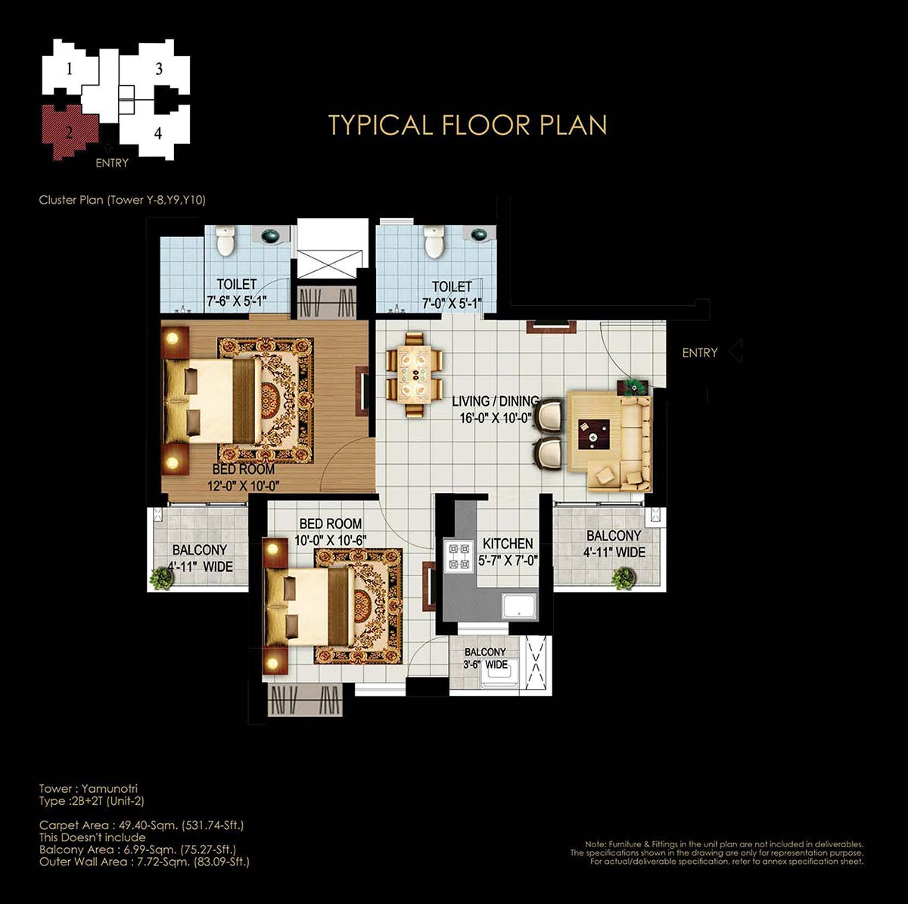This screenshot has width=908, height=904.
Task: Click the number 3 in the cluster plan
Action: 159,69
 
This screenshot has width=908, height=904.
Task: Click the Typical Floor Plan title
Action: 468,125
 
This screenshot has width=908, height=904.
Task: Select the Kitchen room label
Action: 508,544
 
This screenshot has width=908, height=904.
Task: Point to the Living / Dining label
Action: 496,401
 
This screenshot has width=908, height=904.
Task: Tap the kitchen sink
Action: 519,606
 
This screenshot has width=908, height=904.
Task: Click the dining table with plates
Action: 414,375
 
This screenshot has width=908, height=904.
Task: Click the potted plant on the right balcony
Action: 623,578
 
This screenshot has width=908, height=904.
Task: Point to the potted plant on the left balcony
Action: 160,578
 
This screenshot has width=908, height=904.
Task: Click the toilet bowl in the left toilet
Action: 225,240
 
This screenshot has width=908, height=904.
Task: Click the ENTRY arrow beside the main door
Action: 735,351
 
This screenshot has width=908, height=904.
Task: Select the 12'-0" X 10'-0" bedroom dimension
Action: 244,485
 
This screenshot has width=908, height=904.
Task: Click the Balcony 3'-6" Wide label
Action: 485,658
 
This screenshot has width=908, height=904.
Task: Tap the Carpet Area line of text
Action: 141,825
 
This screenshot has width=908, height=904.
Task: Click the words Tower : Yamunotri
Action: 88,788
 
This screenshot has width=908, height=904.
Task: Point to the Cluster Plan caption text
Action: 122,200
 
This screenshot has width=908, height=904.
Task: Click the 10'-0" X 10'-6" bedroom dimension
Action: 331,541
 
